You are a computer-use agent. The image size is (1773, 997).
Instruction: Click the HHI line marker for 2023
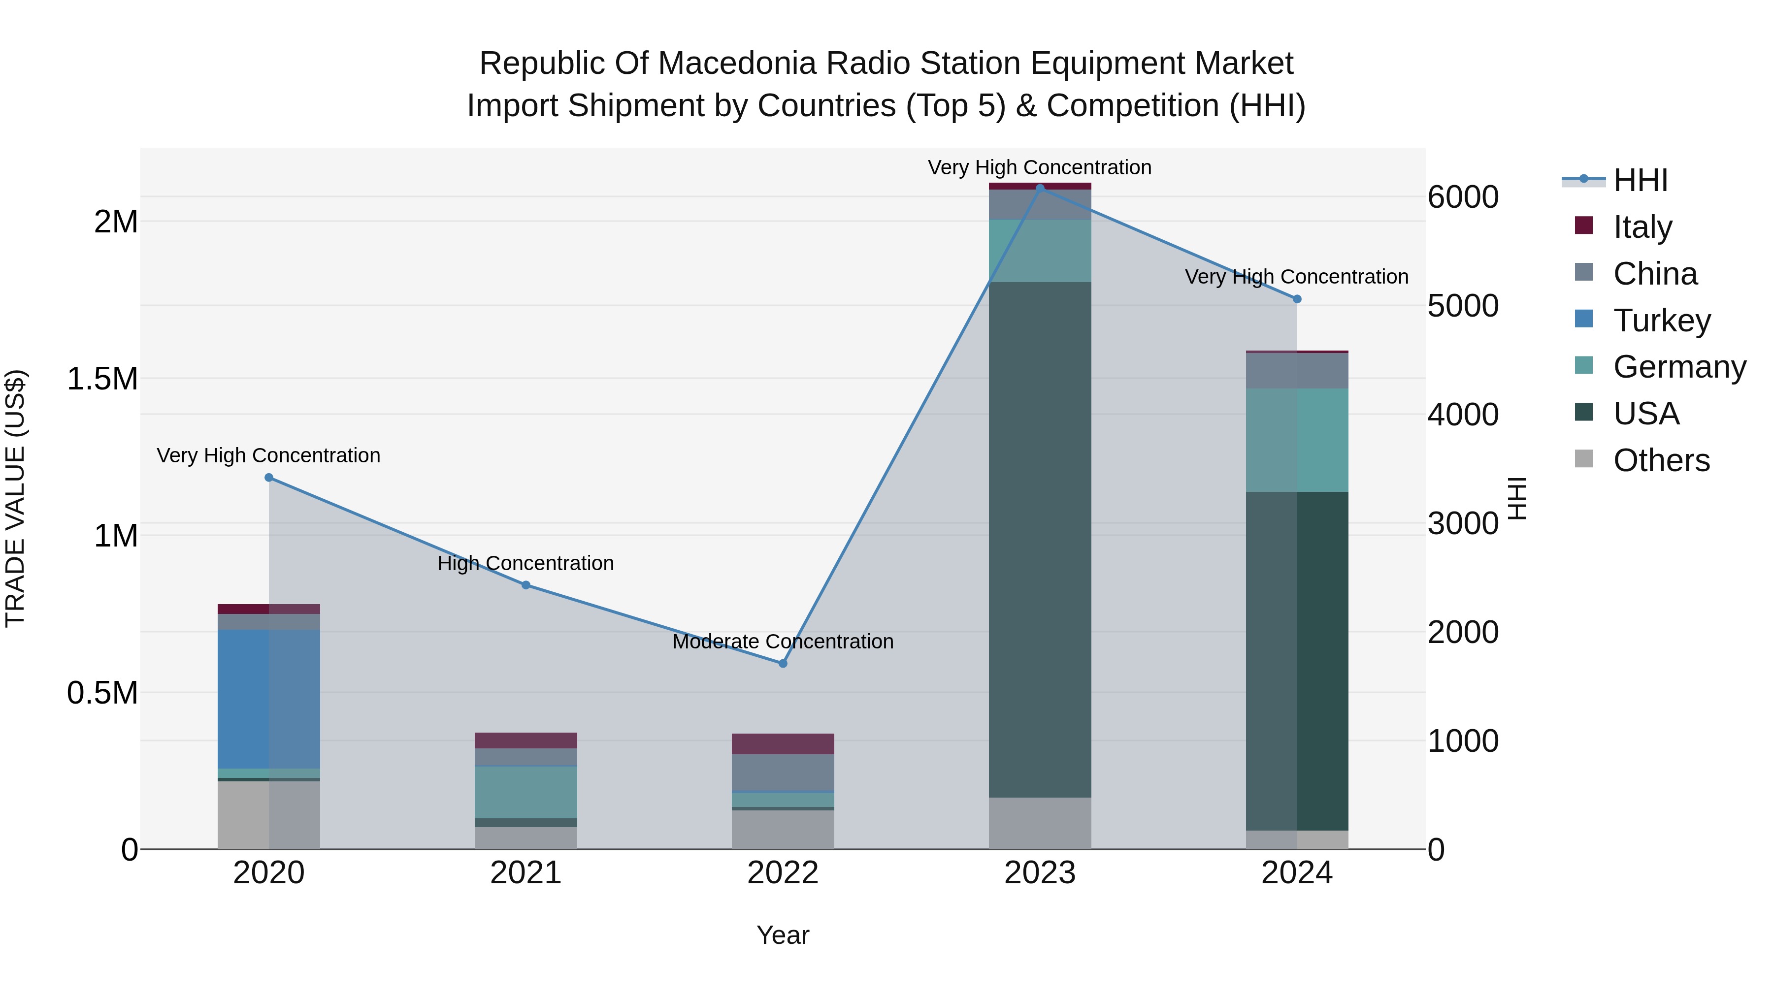[1040, 188]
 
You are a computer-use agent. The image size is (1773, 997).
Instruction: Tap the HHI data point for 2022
[783, 663]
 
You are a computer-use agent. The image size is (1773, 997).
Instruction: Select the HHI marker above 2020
[269, 478]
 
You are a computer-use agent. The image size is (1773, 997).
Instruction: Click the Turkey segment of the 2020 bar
[269, 698]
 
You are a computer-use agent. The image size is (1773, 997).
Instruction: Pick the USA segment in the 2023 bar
[1040, 540]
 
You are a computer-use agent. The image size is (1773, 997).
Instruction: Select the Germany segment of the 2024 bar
[1297, 440]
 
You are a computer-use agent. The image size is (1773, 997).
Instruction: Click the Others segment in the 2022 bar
[783, 829]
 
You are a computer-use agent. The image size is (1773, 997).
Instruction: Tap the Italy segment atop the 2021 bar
[526, 740]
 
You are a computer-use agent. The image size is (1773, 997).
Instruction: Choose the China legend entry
[1655, 274]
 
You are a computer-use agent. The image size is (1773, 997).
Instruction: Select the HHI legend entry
[1640, 180]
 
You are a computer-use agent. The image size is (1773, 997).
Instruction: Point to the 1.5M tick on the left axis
[102, 379]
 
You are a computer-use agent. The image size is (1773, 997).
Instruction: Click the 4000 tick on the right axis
[1463, 415]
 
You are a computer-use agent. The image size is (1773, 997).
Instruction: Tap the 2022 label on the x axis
[783, 873]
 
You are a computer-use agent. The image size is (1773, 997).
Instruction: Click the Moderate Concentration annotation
[783, 641]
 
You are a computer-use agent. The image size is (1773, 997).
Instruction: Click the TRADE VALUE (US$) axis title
[16, 498]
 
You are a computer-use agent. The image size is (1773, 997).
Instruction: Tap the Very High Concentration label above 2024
[1297, 277]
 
